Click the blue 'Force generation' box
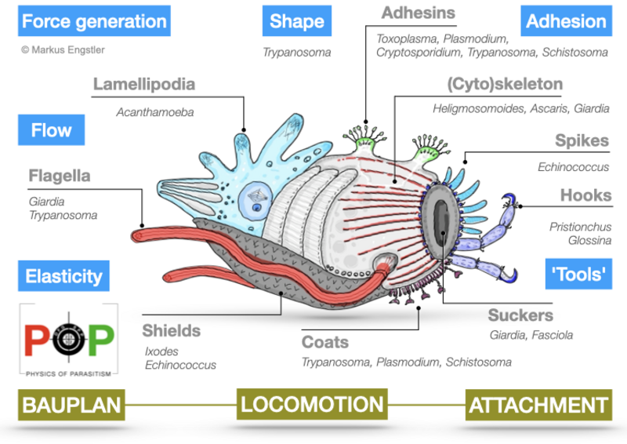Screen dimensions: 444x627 [x=95, y=21]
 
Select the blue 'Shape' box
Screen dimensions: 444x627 [x=297, y=21]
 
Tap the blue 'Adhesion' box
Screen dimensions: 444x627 [x=566, y=21]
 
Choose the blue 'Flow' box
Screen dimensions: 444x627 [x=52, y=129]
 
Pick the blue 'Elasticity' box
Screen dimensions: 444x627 [x=63, y=276]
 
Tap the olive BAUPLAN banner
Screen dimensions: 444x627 [x=71, y=405]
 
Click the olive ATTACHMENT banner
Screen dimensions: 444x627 [x=538, y=405]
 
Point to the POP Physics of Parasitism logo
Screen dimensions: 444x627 [x=67, y=337]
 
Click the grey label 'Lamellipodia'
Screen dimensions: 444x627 [x=143, y=84]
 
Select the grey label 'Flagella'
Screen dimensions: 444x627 [x=60, y=176]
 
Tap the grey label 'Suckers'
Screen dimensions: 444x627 [x=520, y=315]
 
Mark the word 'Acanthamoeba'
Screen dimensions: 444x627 [x=154, y=111]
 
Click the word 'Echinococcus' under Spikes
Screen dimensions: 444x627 [x=573, y=167]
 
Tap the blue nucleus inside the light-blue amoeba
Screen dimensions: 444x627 [x=258, y=207]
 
